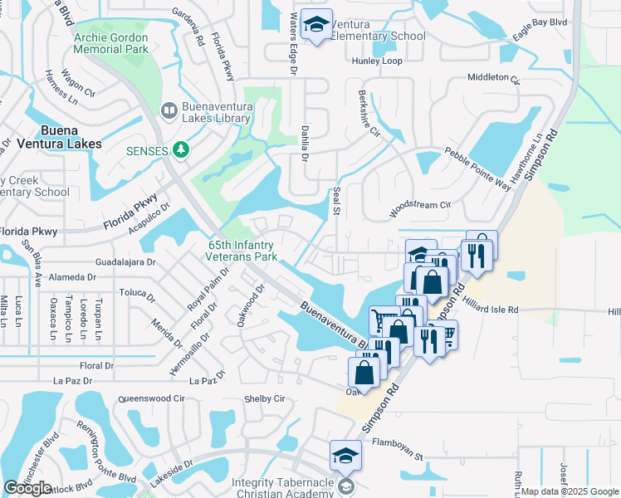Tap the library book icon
169,110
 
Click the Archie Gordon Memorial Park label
110,43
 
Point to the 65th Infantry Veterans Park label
242,251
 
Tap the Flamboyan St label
398,456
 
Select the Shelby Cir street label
264,398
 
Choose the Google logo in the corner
27,488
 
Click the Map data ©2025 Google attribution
570,491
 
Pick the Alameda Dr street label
74,276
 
